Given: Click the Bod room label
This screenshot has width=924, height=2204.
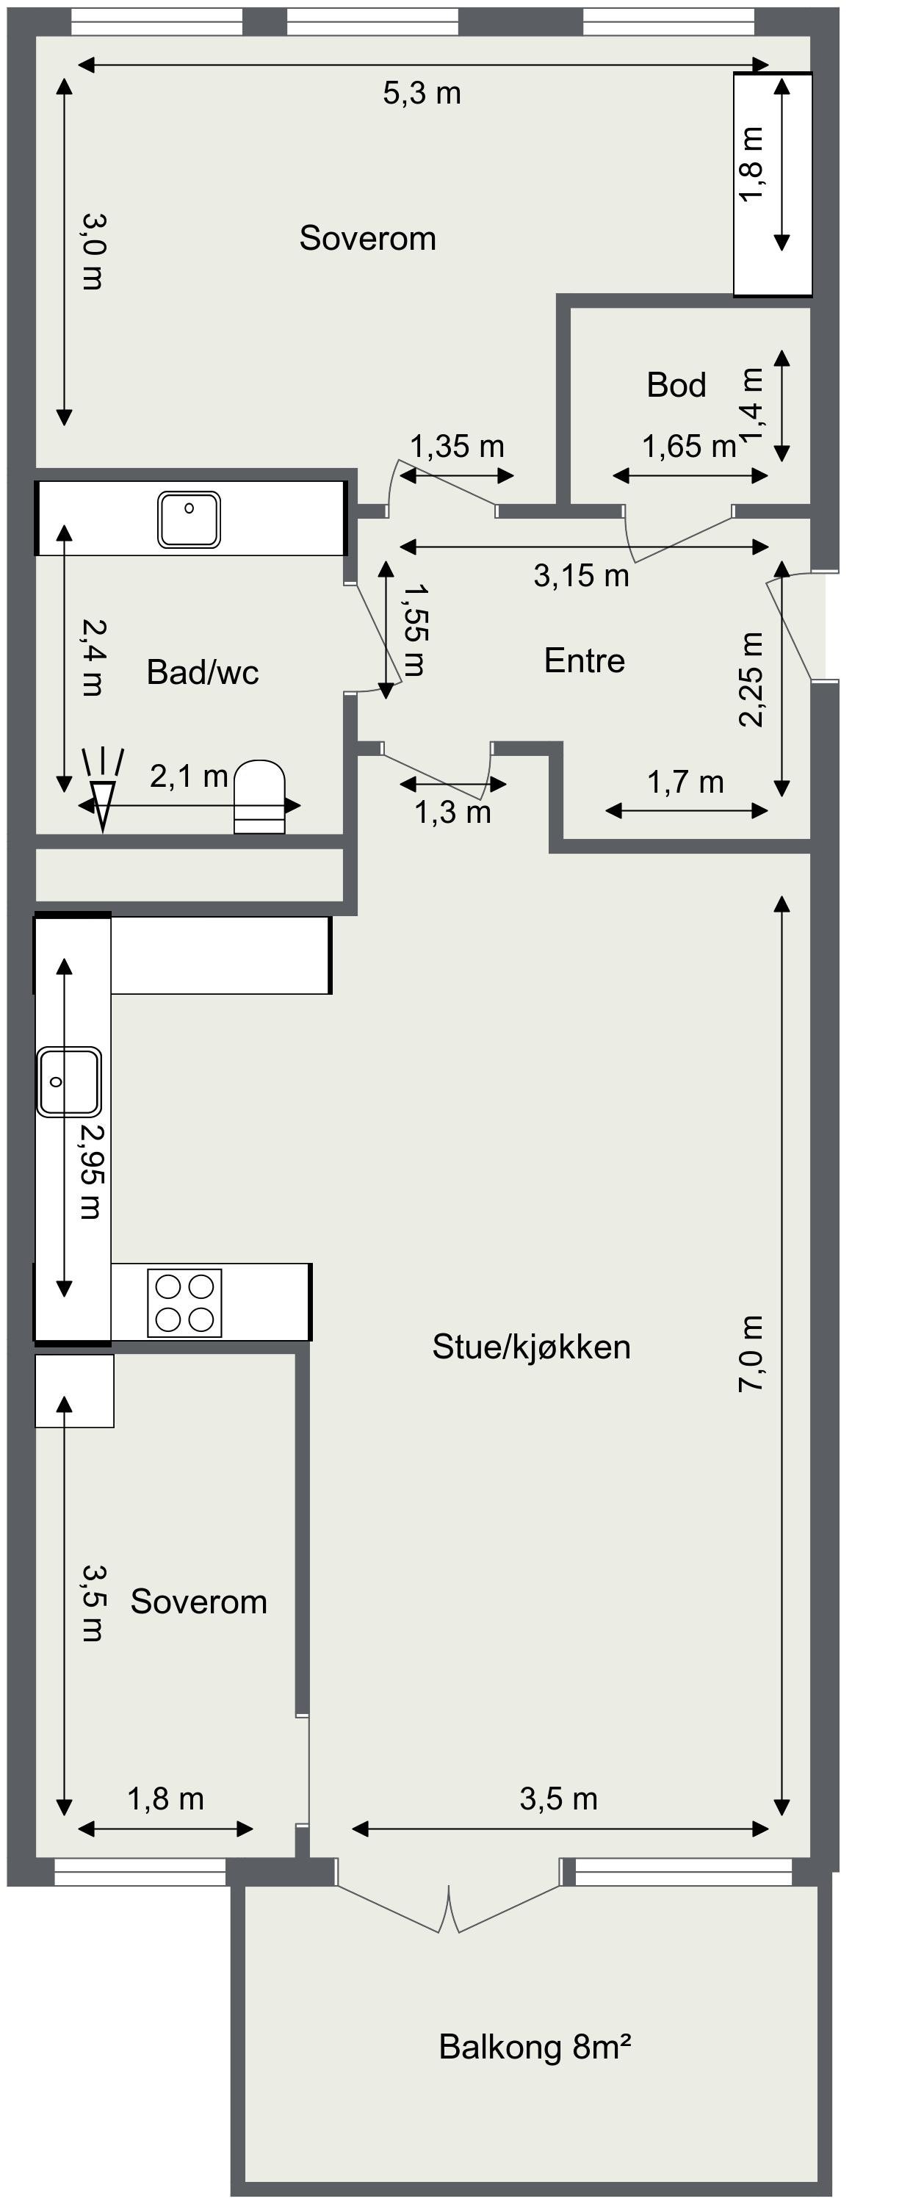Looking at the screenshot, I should (676, 385).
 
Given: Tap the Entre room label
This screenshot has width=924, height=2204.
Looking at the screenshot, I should (585, 660).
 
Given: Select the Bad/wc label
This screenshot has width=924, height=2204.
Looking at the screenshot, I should (202, 672).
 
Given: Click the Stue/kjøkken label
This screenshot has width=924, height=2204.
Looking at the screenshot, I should (530, 1347).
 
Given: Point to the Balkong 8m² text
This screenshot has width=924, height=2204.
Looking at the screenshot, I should (535, 2047).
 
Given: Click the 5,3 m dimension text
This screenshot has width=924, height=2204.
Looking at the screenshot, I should (422, 93).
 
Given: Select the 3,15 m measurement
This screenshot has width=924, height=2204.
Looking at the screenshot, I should (581, 576).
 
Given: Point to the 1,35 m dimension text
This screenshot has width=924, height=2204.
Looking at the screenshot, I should (457, 447).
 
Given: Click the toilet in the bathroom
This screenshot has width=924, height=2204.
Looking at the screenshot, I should (259, 796).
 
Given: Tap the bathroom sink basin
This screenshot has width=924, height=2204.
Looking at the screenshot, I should (189, 519).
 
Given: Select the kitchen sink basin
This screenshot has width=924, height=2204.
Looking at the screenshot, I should (68, 1082).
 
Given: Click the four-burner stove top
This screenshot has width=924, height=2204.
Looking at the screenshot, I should (185, 1303).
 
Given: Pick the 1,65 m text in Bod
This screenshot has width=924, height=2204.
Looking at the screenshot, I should (689, 447).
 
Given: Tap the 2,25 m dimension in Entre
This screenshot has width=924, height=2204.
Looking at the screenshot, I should (751, 680).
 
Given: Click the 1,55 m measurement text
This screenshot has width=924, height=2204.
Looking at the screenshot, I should (415, 630).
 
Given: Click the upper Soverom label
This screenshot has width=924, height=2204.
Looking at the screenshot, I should (367, 239).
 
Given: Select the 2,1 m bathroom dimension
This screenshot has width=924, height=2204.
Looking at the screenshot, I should (188, 777).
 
